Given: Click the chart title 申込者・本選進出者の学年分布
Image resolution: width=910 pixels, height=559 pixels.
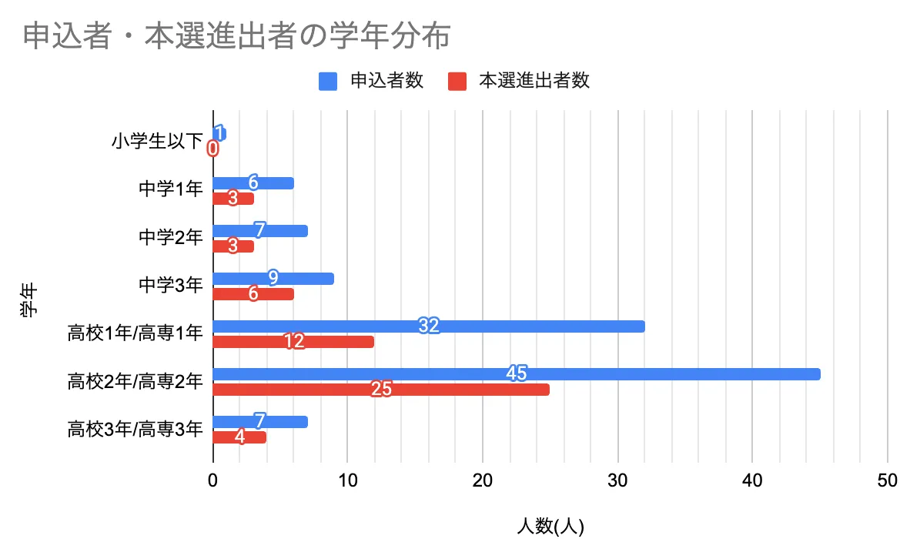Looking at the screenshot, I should pos(236,36).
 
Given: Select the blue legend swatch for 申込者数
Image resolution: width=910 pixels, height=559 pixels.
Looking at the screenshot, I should pos(328,81).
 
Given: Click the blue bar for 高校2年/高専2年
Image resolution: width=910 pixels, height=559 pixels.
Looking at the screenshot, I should pos(516,374).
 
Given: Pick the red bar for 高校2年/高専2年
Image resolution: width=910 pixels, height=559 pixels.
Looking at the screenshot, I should pos(381,390).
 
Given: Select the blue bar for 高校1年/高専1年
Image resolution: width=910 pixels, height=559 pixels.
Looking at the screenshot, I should pos(428,326).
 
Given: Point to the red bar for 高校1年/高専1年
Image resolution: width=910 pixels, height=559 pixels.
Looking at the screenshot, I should pos(293,342).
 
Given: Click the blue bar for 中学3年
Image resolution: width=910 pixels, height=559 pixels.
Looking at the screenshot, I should pos(273,279).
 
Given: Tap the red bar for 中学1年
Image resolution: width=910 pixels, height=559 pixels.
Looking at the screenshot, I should pos(233,199).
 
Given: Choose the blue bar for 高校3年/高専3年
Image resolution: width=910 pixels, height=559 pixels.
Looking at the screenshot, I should pos(259,422).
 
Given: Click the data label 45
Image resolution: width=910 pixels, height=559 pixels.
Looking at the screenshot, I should pos(517,373).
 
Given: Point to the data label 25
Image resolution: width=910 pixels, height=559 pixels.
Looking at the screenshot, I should pos(382,390).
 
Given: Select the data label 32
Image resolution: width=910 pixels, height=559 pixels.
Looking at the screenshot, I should pos(429,326).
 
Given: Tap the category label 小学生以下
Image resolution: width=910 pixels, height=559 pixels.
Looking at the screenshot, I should pos(156,141).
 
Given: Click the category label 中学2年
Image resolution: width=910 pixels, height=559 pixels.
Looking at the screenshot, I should pos(170,238).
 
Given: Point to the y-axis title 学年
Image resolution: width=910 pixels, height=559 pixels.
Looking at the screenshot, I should pos(28,299).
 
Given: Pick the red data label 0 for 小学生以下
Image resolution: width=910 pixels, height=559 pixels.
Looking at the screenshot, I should pos(213,149).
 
